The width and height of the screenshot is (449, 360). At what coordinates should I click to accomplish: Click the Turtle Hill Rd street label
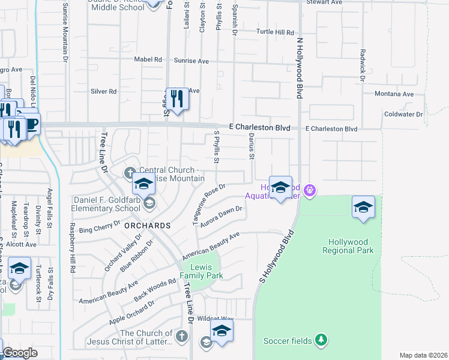click(x=276, y=32)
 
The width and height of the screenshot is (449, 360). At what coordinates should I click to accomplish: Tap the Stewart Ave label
click(x=324, y=2)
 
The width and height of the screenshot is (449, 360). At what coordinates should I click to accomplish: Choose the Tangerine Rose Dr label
click(x=208, y=205)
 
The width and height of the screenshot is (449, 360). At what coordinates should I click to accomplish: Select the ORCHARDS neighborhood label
click(x=147, y=226)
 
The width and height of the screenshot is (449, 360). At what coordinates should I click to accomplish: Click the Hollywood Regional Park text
click(x=351, y=246)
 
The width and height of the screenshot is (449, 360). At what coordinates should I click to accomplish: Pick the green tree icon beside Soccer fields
click(x=321, y=340)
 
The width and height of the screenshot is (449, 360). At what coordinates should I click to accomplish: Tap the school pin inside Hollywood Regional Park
click(x=363, y=207)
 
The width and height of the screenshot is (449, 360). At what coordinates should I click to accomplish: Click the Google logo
click(x=20, y=353)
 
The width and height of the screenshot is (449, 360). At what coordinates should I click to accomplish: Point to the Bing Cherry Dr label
click(x=100, y=229)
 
